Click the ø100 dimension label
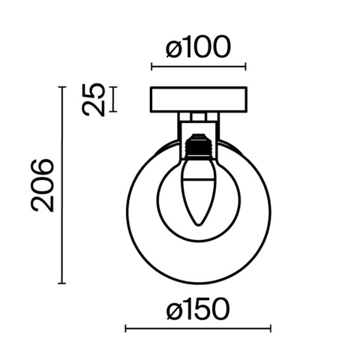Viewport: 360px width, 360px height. click(198, 49)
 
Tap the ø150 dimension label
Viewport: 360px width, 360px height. click(198, 310)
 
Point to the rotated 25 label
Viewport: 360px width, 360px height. click(93, 100)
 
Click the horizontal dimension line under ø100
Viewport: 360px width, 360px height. click(198, 67)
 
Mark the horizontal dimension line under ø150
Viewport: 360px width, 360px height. click(198, 328)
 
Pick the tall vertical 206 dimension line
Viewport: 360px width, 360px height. click(61, 185)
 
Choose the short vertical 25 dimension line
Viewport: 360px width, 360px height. click(113, 100)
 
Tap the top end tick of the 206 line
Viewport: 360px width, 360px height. click(61, 87)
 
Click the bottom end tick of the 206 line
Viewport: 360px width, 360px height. click(61, 283)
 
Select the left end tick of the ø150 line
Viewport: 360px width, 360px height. click(124, 328)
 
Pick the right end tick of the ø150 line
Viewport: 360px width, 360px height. click(271, 328)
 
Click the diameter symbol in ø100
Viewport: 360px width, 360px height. click(172, 50)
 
